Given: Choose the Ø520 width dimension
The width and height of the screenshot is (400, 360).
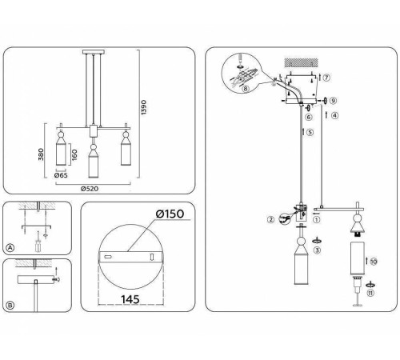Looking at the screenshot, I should click(x=95, y=190).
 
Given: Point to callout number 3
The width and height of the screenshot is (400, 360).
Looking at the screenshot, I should click(x=318, y=251).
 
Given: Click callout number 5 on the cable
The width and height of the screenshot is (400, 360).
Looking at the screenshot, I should click(x=310, y=133).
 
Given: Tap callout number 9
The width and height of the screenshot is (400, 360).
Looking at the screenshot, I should click(x=334, y=102).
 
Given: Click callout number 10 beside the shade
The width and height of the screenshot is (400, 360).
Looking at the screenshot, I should click(x=374, y=261).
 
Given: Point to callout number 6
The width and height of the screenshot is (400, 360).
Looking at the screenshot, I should click(x=309, y=117).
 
